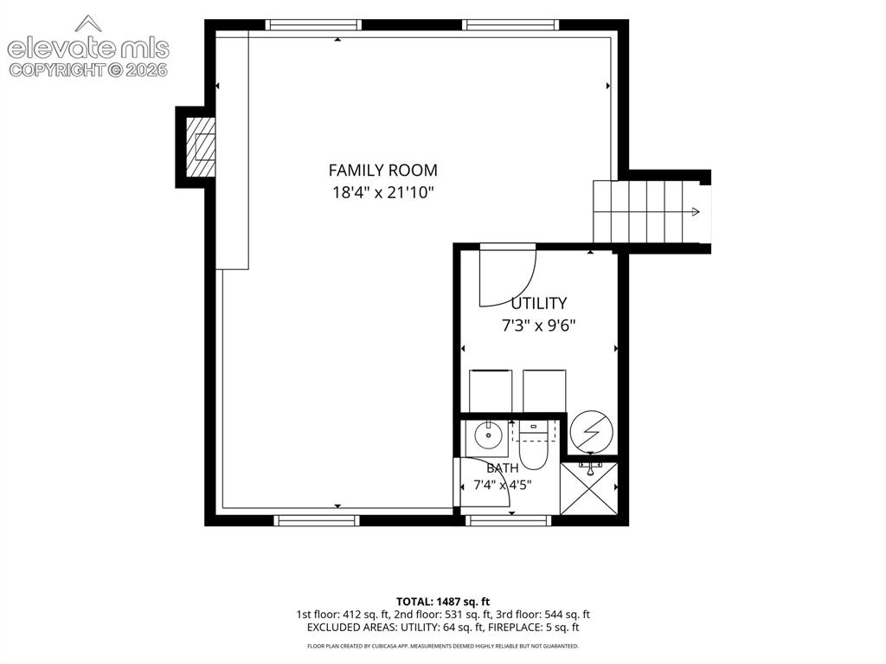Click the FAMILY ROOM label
tap(382, 171)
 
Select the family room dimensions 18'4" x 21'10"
tap(382, 193)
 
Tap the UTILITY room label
tap(538, 304)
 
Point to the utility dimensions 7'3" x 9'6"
tap(538, 326)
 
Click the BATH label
tap(503, 468)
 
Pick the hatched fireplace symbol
tap(201, 147)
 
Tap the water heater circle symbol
tap(591, 431)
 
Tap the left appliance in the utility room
tap(491, 391)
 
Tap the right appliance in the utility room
tap(544, 391)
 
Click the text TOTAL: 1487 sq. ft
tap(443, 601)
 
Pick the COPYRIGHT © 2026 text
tap(88, 70)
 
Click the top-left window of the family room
tap(313, 25)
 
